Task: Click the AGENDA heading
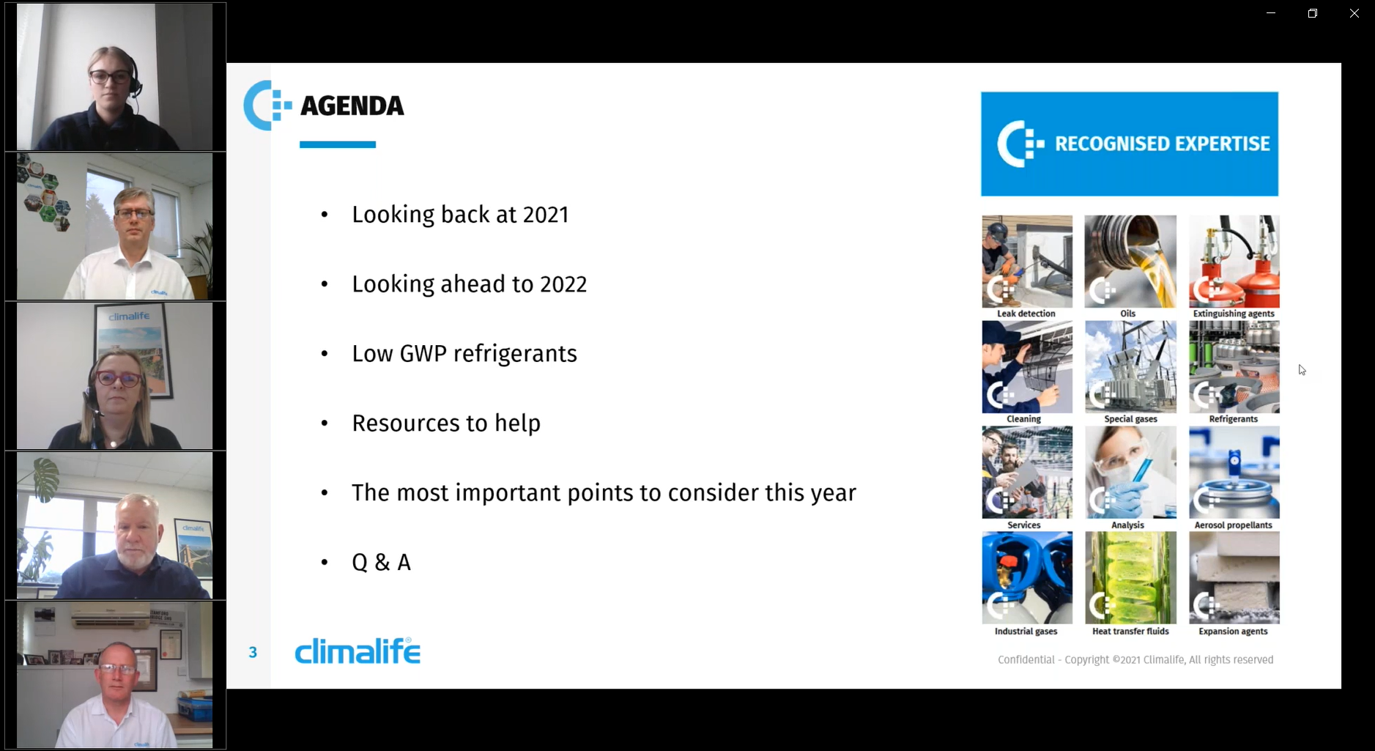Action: pos(352,106)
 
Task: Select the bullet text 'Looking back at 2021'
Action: pos(460,215)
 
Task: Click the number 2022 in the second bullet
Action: pos(563,284)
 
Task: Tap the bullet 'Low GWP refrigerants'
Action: pos(464,354)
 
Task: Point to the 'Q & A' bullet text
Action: pos(381,563)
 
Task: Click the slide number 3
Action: pos(253,652)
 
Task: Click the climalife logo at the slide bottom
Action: pos(357,651)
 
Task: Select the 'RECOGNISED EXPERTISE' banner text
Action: pos(1162,144)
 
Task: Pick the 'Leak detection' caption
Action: pos(1026,314)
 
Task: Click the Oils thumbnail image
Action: pos(1130,262)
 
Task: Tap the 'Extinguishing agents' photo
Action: pos(1234,262)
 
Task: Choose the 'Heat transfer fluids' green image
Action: pos(1130,578)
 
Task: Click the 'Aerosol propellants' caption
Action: pos(1234,525)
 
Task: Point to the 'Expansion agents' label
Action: pos(1234,632)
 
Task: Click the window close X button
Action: pos(1354,13)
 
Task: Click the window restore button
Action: pos(1313,13)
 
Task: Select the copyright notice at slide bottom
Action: pos(1135,660)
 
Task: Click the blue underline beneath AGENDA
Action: pos(338,145)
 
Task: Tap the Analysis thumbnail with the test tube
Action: pos(1130,473)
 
